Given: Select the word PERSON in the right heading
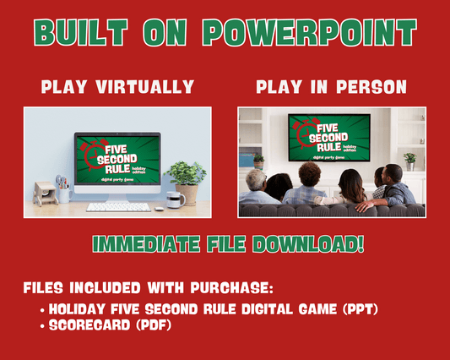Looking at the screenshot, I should point(374,87).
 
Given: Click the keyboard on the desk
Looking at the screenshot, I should point(119,206).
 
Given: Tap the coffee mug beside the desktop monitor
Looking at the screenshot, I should point(173,199).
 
